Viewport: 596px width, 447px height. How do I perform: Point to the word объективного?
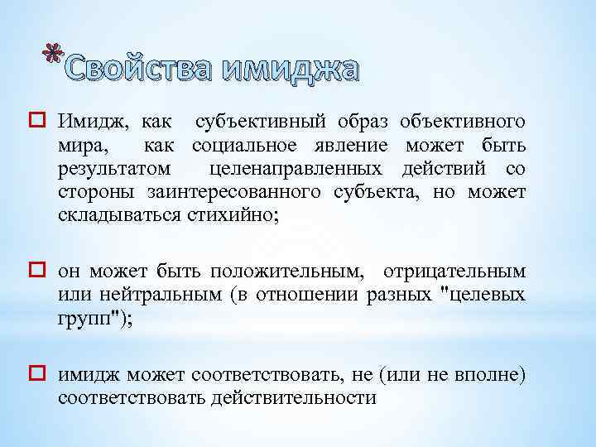click(462, 123)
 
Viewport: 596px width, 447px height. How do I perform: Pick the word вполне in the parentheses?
click(485, 374)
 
